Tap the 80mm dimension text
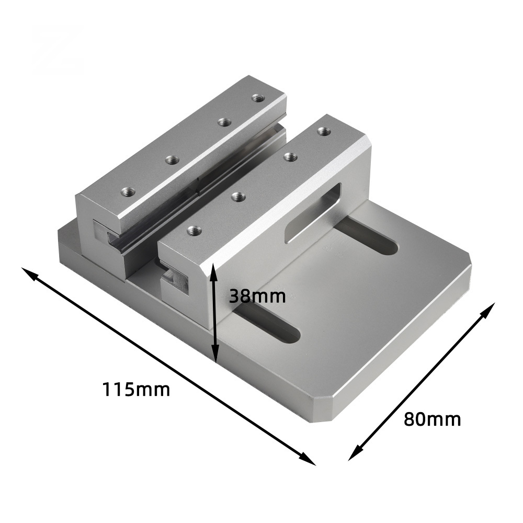tap(433, 419)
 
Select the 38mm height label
tap(257, 295)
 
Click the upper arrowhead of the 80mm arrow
tap(489, 309)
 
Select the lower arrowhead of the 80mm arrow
tap(354, 454)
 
